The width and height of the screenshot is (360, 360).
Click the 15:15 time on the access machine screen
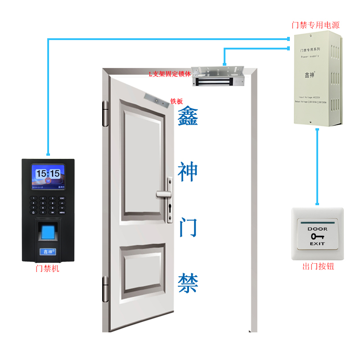[x=48, y=173]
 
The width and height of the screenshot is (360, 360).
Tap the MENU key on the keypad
[x=62, y=212]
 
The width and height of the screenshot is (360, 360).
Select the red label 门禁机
[x=47, y=269]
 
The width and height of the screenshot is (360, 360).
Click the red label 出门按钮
[x=318, y=267]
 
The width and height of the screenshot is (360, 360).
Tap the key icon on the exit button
[x=318, y=236]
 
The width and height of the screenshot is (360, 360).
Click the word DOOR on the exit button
[x=318, y=229]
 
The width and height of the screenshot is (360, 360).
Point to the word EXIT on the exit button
[x=318, y=243]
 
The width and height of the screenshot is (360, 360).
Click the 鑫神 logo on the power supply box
[x=310, y=75]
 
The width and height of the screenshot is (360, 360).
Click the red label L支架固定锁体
[x=170, y=73]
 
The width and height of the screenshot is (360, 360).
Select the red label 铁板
[x=176, y=102]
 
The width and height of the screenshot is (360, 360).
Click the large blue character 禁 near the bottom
[x=188, y=283]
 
